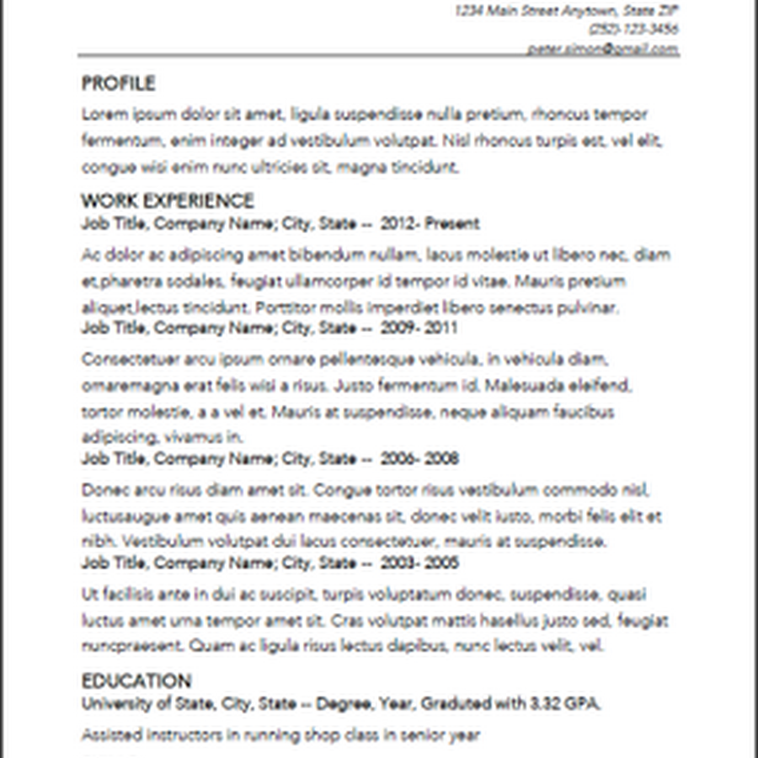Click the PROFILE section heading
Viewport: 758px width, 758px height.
(x=118, y=83)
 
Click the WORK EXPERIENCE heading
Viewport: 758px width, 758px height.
(x=167, y=200)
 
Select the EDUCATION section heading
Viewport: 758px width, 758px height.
(x=136, y=681)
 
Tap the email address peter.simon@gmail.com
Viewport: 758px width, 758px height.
(x=603, y=49)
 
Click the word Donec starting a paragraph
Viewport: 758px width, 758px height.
(x=101, y=490)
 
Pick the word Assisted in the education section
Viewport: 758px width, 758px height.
(x=109, y=734)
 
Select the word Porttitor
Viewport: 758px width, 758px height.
(x=285, y=307)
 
